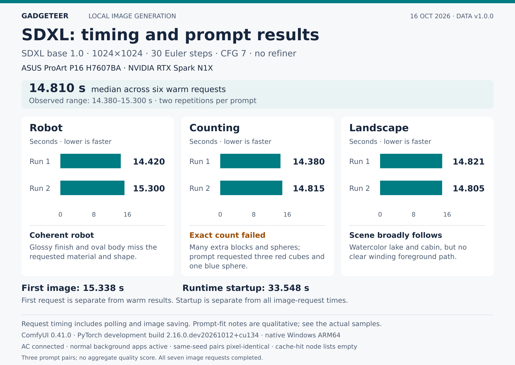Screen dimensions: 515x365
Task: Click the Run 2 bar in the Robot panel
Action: point(92,188)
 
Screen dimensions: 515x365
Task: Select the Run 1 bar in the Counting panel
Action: point(250,161)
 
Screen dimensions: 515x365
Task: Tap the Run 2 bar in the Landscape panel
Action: point(411,188)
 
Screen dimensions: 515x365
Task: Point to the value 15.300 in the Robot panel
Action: point(149,188)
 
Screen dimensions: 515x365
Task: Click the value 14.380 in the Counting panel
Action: point(309,162)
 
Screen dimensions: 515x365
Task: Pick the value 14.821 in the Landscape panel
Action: point(469,162)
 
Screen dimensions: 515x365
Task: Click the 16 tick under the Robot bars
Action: point(127,214)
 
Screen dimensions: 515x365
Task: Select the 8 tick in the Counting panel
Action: point(254,214)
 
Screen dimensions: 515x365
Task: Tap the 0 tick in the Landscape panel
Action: point(380,214)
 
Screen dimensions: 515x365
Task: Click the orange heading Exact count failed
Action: point(227,235)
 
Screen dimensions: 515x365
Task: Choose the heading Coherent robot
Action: point(62,235)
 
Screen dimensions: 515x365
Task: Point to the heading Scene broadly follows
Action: point(396,235)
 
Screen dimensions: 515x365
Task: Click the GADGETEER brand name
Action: point(45,16)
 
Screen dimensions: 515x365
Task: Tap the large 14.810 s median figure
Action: point(57,88)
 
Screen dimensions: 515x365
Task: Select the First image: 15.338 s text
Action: point(73,288)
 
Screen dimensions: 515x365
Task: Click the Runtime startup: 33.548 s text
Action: point(246,288)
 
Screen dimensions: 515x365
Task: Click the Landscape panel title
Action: point(379,128)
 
